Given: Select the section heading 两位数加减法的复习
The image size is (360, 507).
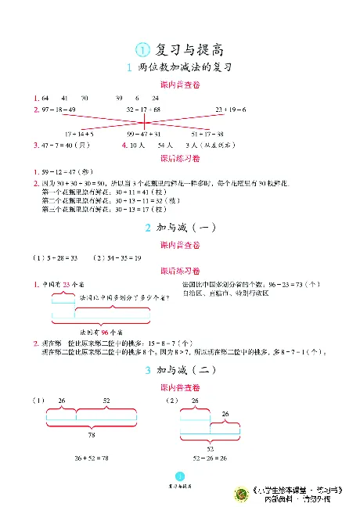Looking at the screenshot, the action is pos(185,69).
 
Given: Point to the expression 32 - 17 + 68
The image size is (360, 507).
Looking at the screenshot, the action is pos(143,110).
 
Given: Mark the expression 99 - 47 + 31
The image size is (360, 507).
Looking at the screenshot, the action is pos(142,134).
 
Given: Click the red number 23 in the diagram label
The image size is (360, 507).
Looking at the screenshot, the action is pos(67,284).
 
